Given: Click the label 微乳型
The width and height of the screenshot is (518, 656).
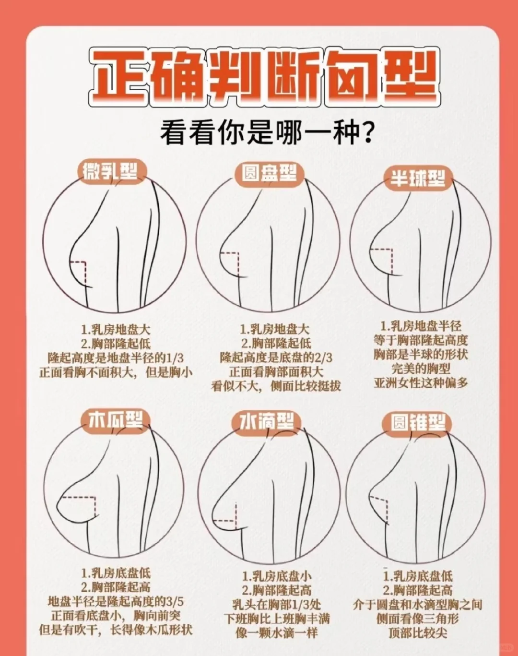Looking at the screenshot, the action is pyautogui.click(x=112, y=173).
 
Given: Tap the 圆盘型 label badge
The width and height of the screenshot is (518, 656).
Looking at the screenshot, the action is pyautogui.click(x=270, y=174).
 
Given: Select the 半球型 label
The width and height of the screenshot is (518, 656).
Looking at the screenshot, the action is pyautogui.click(x=419, y=179).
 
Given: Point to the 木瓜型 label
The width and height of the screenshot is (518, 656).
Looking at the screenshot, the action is pyautogui.click(x=116, y=422).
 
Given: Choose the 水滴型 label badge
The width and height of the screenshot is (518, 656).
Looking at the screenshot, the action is pyautogui.click(x=267, y=423).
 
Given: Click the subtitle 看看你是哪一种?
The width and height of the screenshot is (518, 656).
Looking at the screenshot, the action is pyautogui.click(x=266, y=133).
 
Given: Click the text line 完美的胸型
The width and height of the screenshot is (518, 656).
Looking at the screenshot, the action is pyautogui.click(x=421, y=369).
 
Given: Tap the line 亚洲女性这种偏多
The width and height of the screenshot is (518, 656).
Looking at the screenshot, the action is pyautogui.click(x=421, y=383).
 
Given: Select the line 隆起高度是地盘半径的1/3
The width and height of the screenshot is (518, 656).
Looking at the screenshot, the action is pyautogui.click(x=116, y=358).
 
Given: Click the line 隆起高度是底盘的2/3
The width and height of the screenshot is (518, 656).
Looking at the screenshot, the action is pyautogui.click(x=276, y=358).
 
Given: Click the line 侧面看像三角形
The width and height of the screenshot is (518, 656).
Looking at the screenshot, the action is pyautogui.click(x=418, y=619).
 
